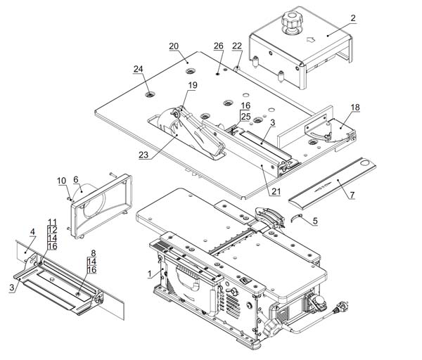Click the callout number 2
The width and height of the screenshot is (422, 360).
353,18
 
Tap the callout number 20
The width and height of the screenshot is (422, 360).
174,46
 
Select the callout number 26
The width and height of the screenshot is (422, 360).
219,46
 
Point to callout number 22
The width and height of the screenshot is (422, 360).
237,46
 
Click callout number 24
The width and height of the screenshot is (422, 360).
139,69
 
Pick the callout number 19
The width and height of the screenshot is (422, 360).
193,85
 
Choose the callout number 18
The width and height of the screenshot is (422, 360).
355,108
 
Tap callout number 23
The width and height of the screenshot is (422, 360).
143,155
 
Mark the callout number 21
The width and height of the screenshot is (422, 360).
276,191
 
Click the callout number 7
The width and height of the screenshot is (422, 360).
352,195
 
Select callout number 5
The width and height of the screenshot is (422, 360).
315,221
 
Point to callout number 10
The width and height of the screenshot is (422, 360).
62,181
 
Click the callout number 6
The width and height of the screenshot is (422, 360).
76,179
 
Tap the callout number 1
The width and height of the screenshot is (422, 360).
150,274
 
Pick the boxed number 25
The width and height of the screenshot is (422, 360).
245,117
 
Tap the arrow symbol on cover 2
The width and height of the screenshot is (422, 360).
311,40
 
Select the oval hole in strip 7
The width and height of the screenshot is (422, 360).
365,163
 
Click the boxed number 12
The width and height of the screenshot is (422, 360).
52,230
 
